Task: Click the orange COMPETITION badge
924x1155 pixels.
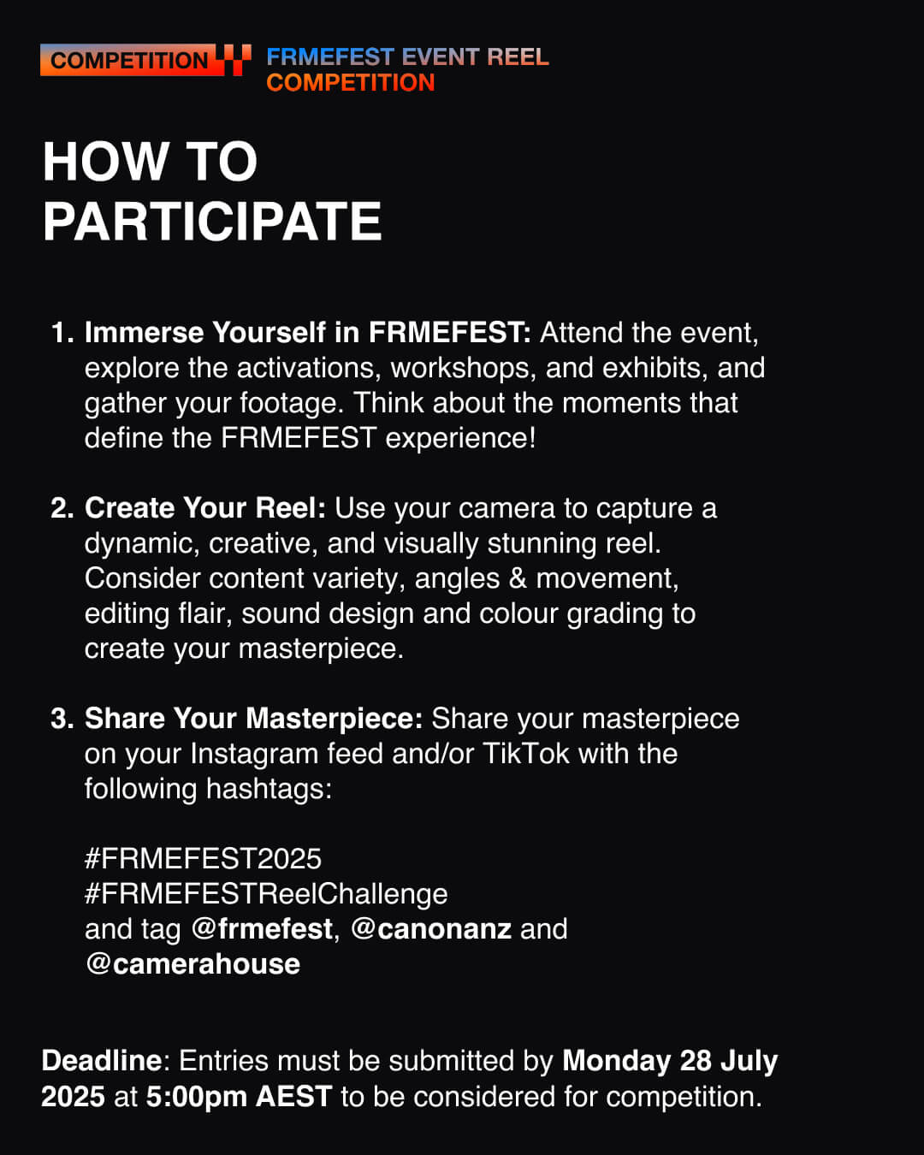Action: [x=132, y=60]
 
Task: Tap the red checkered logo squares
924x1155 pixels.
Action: [x=237, y=60]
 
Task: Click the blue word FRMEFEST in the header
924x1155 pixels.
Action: [x=331, y=56]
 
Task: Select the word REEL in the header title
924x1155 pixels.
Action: [x=518, y=56]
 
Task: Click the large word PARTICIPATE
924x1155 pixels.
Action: [x=212, y=221]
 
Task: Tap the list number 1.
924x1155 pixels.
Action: [x=62, y=333]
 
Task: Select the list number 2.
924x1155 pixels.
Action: [x=62, y=507]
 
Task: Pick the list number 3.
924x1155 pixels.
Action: [x=62, y=718]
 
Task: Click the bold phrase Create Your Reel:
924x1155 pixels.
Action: [x=205, y=507]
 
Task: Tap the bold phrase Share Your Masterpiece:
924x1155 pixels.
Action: [x=254, y=719]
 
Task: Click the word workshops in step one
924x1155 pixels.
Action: [x=464, y=369]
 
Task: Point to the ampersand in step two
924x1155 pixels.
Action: [x=518, y=578]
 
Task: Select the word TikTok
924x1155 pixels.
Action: [x=526, y=754]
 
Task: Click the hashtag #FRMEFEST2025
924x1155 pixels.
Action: [x=203, y=859]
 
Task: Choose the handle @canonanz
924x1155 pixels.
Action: [x=431, y=930]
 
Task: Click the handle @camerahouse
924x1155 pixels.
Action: [x=192, y=964]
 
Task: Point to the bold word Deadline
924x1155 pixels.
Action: [x=102, y=1061]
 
